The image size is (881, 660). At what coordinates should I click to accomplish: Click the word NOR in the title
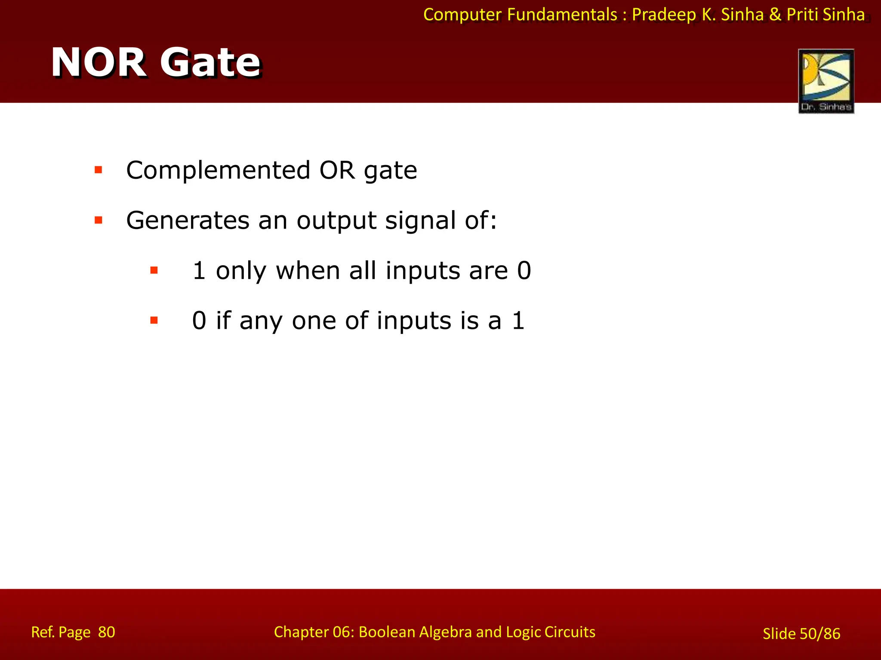click(99, 63)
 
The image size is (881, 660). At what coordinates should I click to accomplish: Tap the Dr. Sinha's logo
click(826, 81)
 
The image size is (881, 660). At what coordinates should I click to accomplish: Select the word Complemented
click(218, 171)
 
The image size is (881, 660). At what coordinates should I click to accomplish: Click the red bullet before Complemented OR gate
click(99, 170)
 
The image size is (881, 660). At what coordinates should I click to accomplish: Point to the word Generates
click(188, 221)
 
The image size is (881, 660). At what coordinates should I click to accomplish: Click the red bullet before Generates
click(99, 220)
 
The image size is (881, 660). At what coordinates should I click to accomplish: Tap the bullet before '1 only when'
click(154, 270)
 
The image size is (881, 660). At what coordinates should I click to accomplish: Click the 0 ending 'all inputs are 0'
click(524, 271)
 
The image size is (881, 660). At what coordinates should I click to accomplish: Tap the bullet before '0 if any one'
click(154, 320)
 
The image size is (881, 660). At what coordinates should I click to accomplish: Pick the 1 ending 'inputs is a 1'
click(518, 321)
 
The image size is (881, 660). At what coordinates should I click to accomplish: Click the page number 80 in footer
click(106, 632)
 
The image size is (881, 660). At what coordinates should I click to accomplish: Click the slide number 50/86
click(819, 634)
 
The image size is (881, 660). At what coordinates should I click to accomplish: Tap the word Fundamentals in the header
click(562, 15)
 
